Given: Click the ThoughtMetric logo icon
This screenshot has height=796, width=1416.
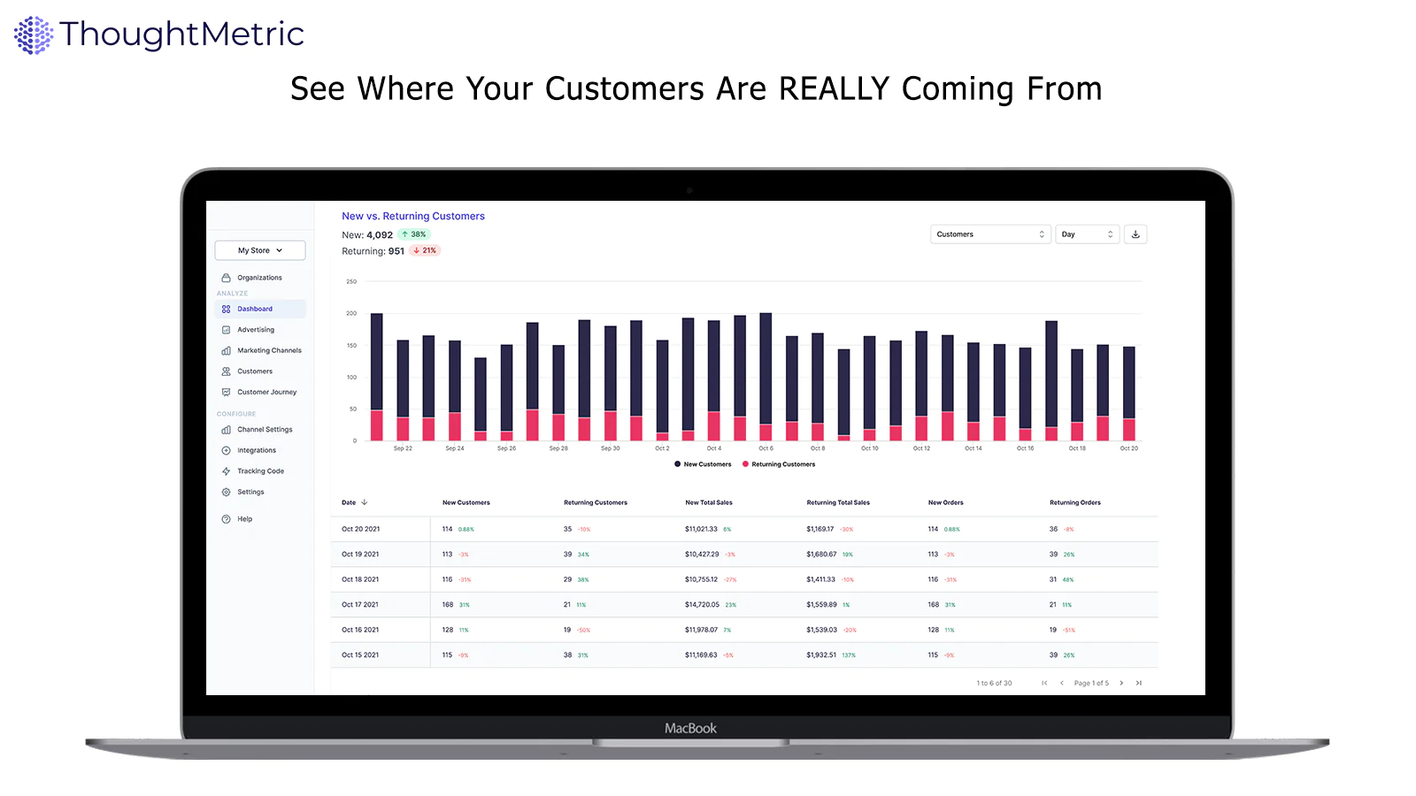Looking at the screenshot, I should coord(34,35).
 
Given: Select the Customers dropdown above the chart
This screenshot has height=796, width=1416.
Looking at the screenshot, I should coord(990,234).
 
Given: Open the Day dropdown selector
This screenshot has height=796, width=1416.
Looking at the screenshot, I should coord(1087,234).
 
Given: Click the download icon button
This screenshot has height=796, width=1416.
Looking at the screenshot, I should coord(1135,234).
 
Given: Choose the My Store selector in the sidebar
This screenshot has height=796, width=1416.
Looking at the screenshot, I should coord(260,250).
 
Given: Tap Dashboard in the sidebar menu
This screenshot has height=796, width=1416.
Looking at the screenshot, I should coord(255,309).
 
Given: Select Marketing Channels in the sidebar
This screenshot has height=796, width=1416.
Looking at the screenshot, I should coord(269,350).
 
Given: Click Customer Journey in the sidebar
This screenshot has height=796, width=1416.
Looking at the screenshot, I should coord(266,392).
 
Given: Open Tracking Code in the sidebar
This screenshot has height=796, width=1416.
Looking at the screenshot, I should coord(260,471).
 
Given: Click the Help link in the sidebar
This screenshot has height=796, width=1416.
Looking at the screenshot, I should coord(244,519).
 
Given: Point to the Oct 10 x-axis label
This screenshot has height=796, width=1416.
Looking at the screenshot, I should coord(870,448).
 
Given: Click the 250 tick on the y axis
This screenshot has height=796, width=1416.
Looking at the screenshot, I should coord(351,281).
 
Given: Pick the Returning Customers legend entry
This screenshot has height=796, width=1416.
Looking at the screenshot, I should coord(783,464).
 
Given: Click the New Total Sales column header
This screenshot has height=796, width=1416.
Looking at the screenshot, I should coord(709,502).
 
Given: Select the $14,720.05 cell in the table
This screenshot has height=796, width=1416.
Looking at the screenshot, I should coord(702,605).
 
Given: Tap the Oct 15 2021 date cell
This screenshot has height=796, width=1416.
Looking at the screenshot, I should coord(360,655).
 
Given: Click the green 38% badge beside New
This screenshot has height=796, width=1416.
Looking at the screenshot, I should coord(413,234).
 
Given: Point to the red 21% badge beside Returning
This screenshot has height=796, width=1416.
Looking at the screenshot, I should coord(425,250).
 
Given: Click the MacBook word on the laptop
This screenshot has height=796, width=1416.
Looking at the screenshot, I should coord(690,729).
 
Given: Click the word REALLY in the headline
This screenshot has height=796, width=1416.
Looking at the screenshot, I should coord(834,89).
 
